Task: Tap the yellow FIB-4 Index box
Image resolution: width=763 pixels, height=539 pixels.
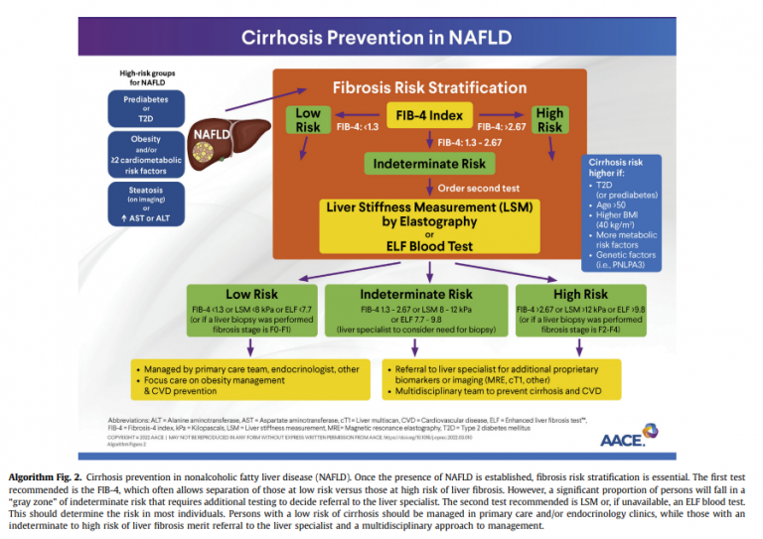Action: pos(428,116)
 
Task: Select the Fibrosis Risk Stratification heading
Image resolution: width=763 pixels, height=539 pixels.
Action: pos(428,87)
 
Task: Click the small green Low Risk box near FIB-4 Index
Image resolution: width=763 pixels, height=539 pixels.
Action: pos(308,120)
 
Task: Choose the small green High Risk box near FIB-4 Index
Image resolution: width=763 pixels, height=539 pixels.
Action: pos(549,120)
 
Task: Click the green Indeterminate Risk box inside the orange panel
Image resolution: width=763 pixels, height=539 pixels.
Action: pos(428,163)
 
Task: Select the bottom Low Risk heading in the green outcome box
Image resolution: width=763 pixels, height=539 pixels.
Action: pos(253,295)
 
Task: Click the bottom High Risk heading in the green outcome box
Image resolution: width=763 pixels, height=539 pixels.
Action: pos(581,295)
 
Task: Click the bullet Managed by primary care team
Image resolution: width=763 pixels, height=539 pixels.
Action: pos(238,368)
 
